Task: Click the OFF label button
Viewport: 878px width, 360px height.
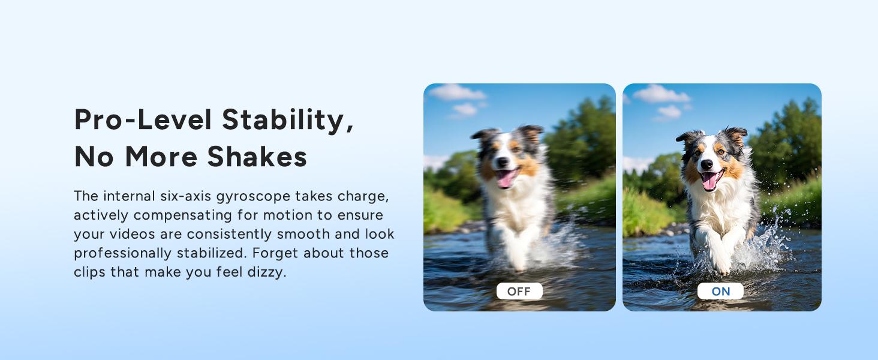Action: (x=519, y=291)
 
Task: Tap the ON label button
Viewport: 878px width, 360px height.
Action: (x=720, y=291)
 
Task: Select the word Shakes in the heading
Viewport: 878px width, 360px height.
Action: (x=257, y=157)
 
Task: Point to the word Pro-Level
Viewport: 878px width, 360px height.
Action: (x=143, y=119)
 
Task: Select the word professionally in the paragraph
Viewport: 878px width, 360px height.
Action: (x=123, y=253)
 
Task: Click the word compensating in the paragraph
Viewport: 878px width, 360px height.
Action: (x=183, y=215)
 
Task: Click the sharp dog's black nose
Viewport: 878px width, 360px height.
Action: (x=706, y=165)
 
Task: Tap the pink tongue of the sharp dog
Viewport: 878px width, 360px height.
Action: (x=710, y=181)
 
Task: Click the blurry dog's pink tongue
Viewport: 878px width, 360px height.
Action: (x=506, y=178)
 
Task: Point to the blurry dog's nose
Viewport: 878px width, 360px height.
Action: (x=503, y=161)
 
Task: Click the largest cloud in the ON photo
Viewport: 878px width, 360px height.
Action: (x=661, y=94)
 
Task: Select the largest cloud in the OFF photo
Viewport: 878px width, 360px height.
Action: (x=457, y=92)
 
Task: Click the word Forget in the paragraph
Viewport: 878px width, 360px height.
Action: (x=275, y=253)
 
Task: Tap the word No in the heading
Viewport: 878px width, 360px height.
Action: (x=94, y=157)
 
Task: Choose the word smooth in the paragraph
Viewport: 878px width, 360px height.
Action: (x=303, y=234)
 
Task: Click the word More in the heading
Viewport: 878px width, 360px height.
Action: (x=161, y=157)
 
